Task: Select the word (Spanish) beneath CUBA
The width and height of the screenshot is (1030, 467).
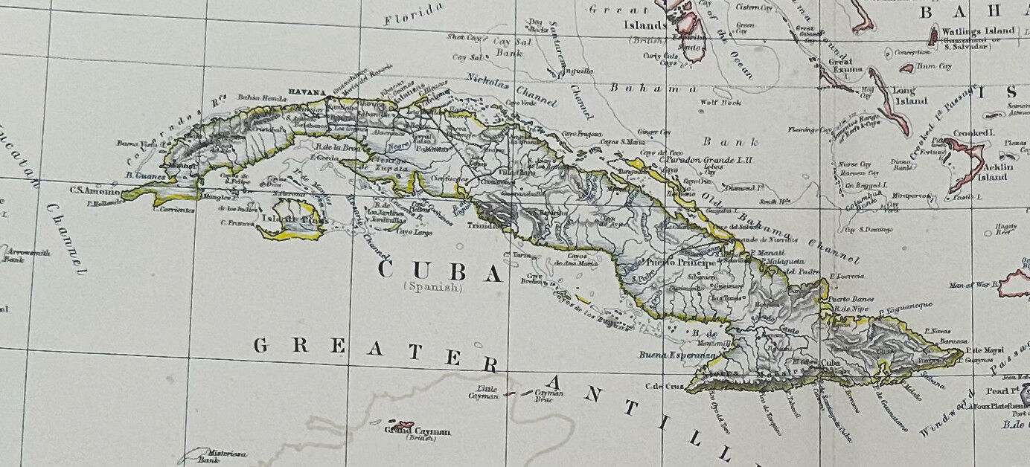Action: [432, 287]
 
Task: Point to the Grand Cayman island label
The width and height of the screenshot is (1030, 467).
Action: [417, 431]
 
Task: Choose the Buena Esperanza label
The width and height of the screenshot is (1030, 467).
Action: [677, 356]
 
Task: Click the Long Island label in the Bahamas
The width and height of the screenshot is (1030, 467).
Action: [910, 95]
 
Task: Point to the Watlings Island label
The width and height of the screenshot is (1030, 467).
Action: [979, 31]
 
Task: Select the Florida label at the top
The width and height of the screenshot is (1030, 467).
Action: [414, 14]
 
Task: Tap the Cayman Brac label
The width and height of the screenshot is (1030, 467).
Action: [548, 396]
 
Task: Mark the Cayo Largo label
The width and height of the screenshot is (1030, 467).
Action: [416, 232]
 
